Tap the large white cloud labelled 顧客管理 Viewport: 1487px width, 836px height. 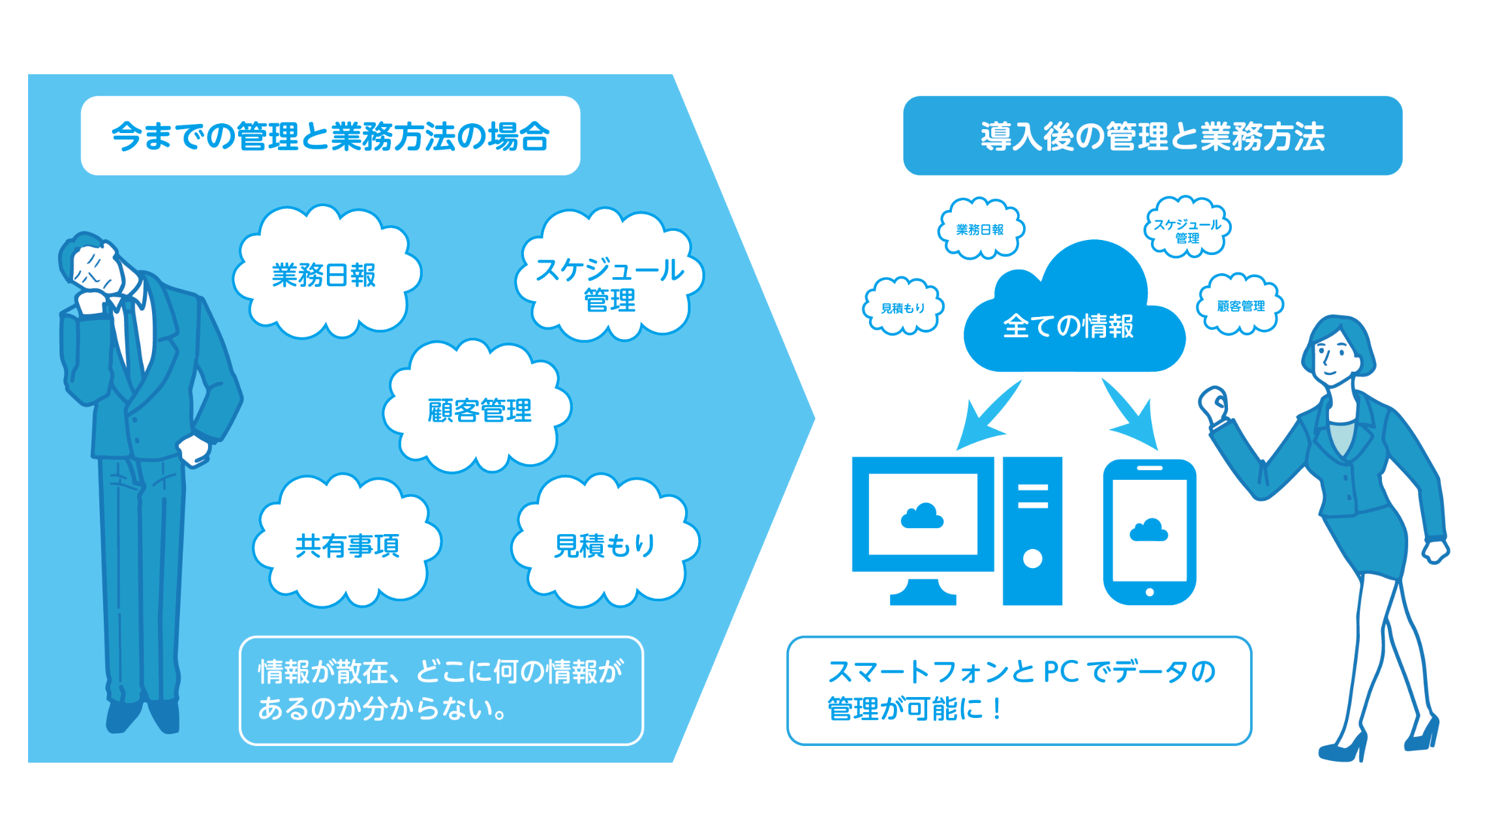click(x=479, y=410)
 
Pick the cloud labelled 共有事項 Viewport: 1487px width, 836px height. click(x=347, y=545)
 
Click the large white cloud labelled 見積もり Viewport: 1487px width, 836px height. click(x=605, y=545)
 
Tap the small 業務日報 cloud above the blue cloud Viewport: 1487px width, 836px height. click(x=980, y=230)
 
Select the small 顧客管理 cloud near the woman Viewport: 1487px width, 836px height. click(x=1240, y=306)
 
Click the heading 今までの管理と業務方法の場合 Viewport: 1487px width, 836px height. click(x=330, y=136)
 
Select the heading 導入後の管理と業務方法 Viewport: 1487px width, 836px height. click(x=1152, y=136)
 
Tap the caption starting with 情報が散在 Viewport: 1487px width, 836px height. click(x=441, y=690)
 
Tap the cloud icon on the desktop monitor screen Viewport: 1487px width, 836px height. click(x=922, y=516)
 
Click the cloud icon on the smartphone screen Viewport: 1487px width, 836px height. click(x=1149, y=530)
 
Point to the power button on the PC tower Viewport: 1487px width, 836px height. click(x=1032, y=558)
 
